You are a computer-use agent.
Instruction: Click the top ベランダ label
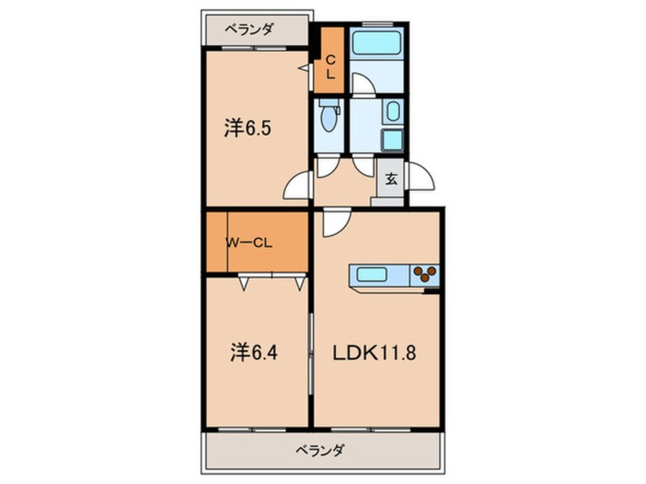(249, 31)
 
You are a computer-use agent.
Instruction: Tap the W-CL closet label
(249, 244)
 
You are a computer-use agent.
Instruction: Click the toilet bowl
(329, 120)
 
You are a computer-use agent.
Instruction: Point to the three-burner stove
(425, 274)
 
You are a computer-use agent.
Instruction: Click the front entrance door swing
(422, 179)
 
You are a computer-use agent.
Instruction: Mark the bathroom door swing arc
(362, 84)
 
